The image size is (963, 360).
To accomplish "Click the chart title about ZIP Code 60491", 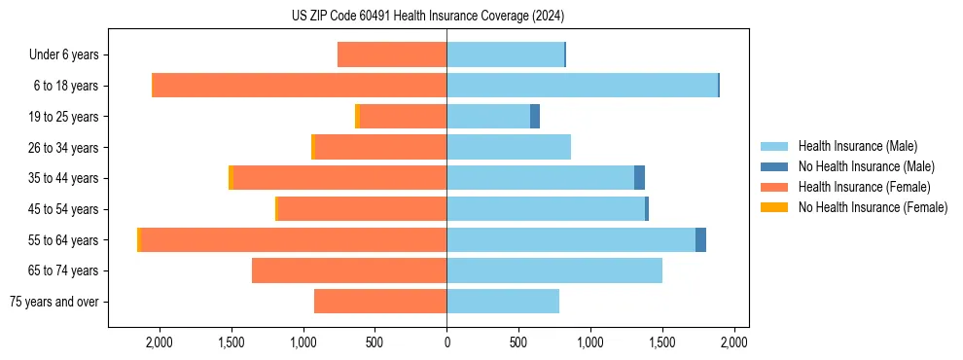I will point(427,16).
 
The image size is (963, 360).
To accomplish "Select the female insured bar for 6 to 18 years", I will point(300,86).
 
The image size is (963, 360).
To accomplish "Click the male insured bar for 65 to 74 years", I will point(554,270).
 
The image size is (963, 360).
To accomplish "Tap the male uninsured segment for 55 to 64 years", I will point(700,240).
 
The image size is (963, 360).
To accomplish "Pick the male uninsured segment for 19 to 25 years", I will point(535,117).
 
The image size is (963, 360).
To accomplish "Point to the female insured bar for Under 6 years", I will point(392,54).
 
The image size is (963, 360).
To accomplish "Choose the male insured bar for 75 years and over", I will point(503,302).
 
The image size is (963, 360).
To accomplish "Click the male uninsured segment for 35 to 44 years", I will point(639,178).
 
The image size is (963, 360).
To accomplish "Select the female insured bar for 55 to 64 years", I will point(294,240).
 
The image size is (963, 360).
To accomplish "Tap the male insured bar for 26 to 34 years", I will point(509,147).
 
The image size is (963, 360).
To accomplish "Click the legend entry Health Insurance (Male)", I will point(857,146).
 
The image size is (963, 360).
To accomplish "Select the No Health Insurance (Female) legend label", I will point(873,207).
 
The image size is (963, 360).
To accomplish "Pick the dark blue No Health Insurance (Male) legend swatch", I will point(775,166).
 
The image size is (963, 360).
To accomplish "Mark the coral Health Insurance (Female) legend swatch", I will point(775,187).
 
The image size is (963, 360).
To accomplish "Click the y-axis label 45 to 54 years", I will point(64,209).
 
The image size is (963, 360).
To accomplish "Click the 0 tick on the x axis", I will point(446,342).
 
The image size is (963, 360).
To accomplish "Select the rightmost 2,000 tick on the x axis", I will point(733,342).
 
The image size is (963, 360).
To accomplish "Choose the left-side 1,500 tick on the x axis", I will point(232,342).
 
